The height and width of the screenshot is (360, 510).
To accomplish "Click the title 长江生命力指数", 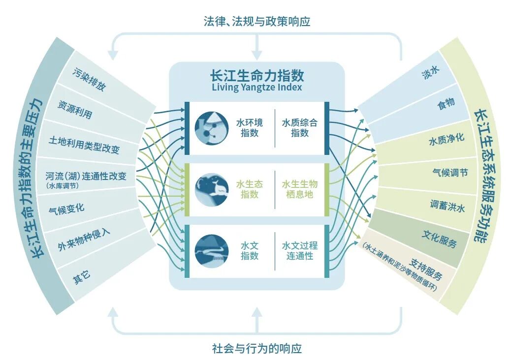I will pos(256,76).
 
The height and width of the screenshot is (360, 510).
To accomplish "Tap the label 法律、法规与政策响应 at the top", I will pos(257,21).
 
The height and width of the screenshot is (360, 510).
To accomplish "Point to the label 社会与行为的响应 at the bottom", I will pos(257,349).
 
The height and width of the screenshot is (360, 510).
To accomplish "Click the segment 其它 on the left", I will pos(81,277).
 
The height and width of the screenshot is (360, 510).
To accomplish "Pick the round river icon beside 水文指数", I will pos(212,250).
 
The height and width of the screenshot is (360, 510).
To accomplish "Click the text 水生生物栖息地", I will pos(300,189).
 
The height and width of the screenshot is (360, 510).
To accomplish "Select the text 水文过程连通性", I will pos(300,250).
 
